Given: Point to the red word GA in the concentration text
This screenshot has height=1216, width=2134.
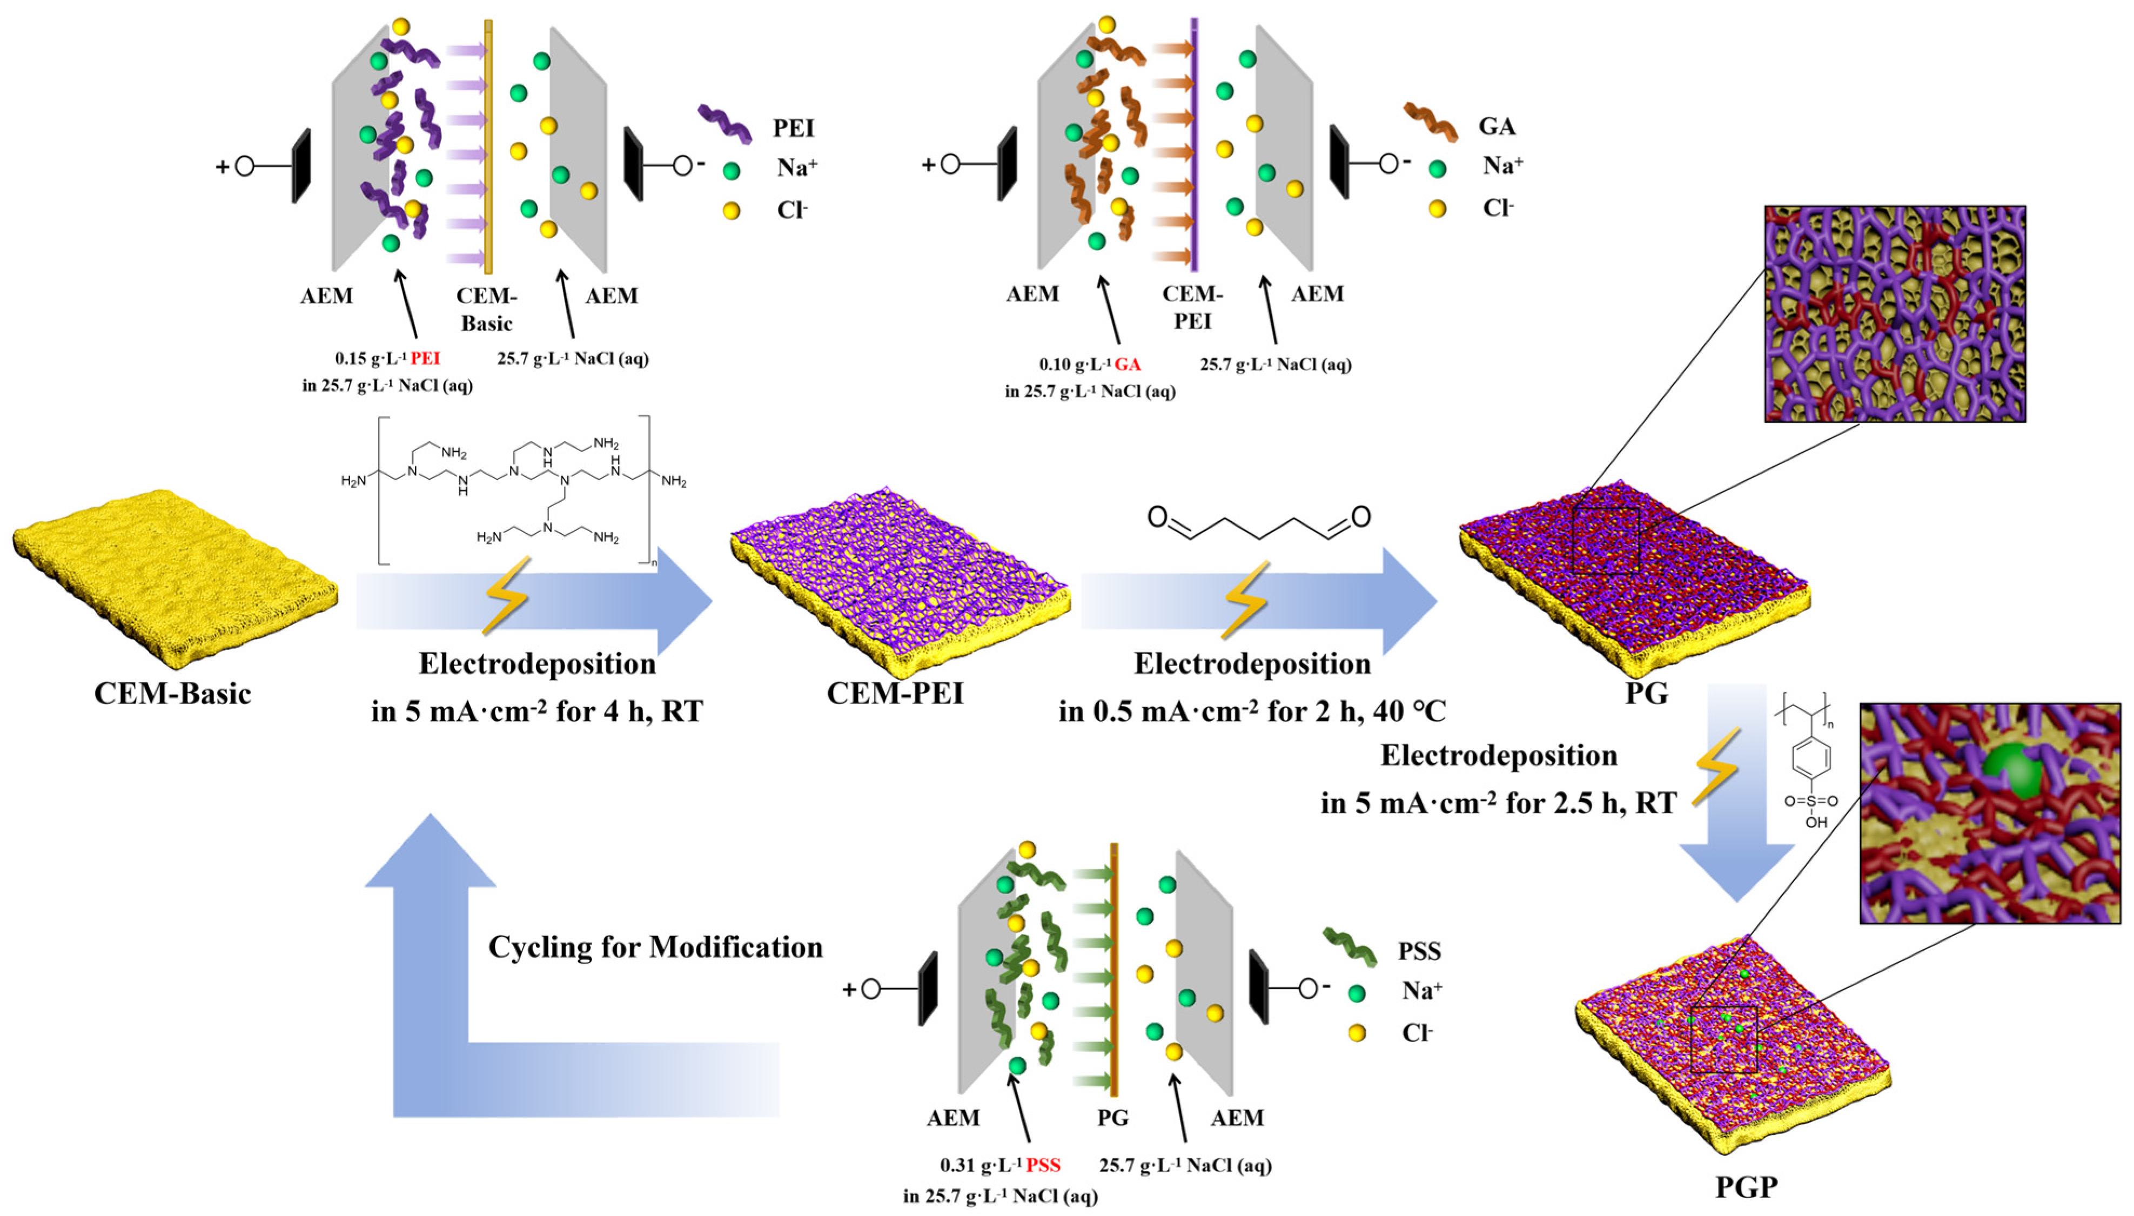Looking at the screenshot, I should point(1128,364).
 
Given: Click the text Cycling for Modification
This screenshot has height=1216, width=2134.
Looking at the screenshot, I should point(656,947).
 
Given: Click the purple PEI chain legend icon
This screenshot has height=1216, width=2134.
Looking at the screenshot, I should point(724,124).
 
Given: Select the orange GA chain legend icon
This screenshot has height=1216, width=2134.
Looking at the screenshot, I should point(1430,122).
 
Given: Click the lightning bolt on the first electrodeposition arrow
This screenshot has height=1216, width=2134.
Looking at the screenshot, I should point(505,595).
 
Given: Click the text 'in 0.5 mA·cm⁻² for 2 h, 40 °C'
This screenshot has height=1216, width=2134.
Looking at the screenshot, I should point(1252,711).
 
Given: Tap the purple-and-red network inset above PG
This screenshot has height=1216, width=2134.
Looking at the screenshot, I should point(1894,314).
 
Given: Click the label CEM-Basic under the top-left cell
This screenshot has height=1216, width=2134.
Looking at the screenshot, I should point(486,309).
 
